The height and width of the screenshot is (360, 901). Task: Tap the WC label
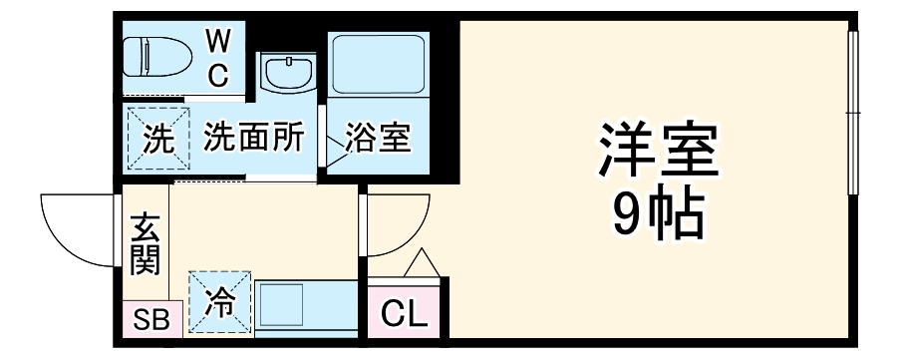[218, 58]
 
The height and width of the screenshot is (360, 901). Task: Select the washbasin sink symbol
[287, 73]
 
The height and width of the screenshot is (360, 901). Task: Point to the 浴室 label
[378, 139]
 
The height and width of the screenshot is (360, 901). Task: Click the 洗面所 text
[254, 139]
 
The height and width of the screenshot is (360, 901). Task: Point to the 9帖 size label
[658, 211]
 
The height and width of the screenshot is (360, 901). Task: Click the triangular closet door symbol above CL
[420, 263]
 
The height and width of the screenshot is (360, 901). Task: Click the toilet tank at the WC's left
[133, 57]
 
